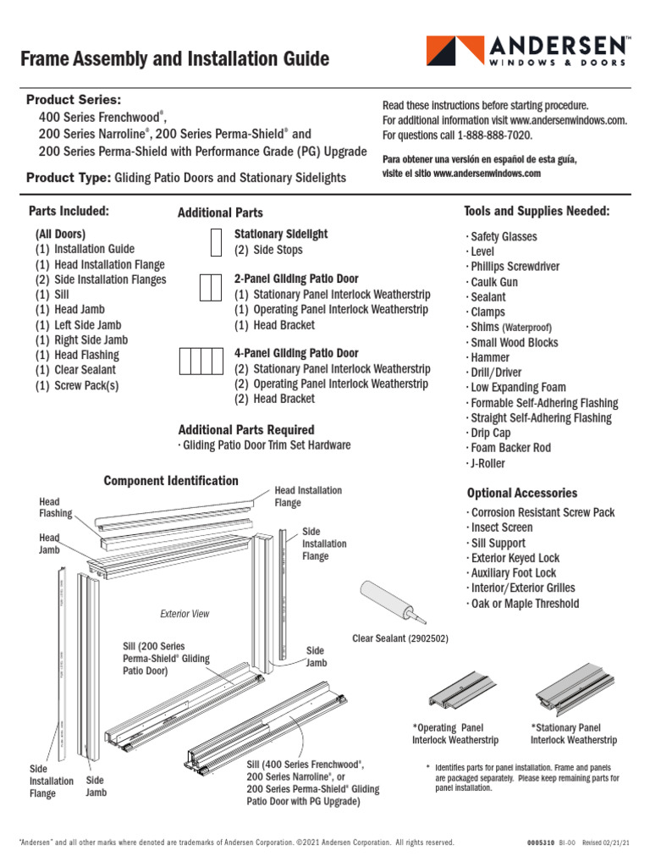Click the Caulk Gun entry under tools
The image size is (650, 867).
pos(494,282)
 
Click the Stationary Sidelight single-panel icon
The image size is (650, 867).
pos(216,241)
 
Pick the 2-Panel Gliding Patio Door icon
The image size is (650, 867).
pos(210,288)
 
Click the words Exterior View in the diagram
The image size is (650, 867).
pos(185,614)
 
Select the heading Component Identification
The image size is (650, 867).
pos(171,481)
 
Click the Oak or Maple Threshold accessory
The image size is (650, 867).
pos(525,604)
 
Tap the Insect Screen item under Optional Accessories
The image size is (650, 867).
pos(502,527)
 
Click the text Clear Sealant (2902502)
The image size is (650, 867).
pos(400,638)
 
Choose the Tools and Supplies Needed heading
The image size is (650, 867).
pos(537,211)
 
